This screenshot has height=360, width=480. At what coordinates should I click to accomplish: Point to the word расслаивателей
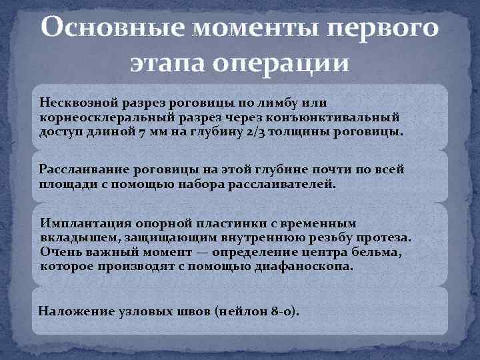coord(285,183)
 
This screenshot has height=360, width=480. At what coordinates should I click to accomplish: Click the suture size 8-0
coord(283,311)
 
